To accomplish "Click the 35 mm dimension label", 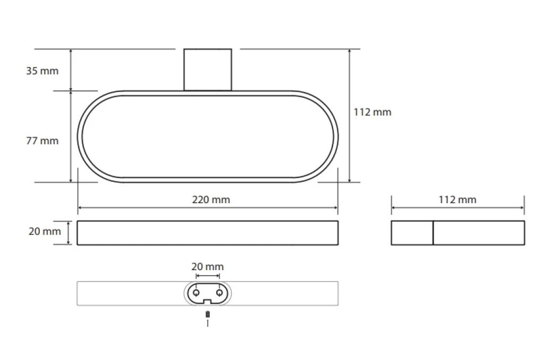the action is point(42,71).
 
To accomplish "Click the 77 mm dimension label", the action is point(42,141).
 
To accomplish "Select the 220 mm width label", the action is point(211,199).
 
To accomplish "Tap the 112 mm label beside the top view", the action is point(372,112).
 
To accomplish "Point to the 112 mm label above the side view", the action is point(458,199).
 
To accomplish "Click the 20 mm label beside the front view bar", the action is point(45,231).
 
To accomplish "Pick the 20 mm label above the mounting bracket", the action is point(207,266).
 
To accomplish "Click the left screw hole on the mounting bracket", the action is point(196,292).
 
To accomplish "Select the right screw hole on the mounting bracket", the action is point(219,292).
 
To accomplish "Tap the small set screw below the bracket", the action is point(208,314).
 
